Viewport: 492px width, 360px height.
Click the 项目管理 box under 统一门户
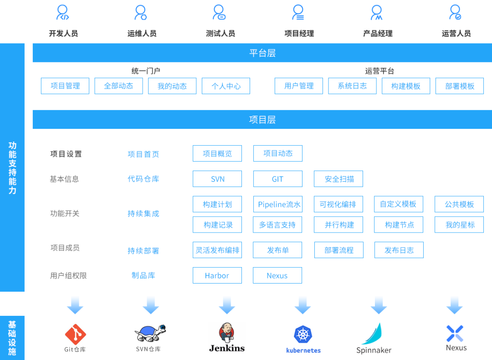click(65, 86)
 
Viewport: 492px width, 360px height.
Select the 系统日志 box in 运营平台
click(352, 86)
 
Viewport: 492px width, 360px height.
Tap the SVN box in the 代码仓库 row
click(217, 179)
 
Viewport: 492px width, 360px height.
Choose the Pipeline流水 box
click(277, 204)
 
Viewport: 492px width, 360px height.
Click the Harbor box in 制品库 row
click(217, 275)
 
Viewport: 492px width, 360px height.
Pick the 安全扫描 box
click(338, 179)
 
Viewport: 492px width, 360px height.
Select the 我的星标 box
click(459, 225)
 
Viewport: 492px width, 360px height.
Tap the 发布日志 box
click(399, 250)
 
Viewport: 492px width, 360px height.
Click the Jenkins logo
click(226, 334)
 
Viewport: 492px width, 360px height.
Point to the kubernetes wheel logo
click(303, 335)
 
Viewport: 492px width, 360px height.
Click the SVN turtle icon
click(150, 334)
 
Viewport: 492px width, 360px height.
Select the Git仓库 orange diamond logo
click(75, 334)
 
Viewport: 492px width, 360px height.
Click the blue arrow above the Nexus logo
click(454, 304)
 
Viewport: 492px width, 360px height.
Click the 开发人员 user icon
click(62, 12)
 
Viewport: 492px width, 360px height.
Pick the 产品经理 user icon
click(377, 12)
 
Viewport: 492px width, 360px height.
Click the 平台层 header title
click(262, 53)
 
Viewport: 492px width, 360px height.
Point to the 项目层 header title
click(262, 120)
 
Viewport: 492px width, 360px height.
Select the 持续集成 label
click(143, 213)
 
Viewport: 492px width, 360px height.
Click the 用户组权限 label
click(68, 275)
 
